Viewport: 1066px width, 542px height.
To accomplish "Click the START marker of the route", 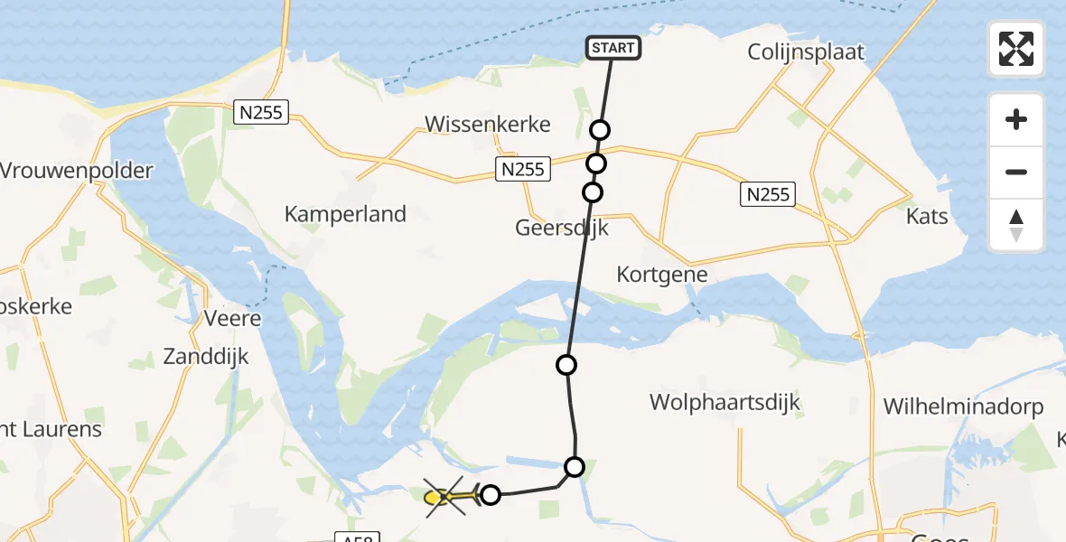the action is point(613,48).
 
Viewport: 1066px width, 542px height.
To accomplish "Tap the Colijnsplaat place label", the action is point(806,52).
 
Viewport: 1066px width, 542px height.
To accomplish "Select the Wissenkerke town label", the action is point(488,125).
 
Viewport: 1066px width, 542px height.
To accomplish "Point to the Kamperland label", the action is point(345,214).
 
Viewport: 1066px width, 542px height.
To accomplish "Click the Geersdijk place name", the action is point(562,228).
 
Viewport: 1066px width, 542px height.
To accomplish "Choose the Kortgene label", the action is point(661,275).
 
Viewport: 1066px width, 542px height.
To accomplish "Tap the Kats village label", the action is point(927,217).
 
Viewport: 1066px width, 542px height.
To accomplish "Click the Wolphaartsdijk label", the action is point(725,402).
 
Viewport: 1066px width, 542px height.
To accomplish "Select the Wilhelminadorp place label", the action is point(963,407).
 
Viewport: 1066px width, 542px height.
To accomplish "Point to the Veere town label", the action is point(232,319).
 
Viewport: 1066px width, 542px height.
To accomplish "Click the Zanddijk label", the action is point(206,357).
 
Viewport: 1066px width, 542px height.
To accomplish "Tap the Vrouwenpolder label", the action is point(77,171).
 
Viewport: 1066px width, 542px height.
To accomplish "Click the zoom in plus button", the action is point(1016,119).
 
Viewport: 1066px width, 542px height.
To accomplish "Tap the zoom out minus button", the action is point(1016,172).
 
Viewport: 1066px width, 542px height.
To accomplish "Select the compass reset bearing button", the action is point(1016,225).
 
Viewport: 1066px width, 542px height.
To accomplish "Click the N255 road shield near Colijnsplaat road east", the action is point(767,193).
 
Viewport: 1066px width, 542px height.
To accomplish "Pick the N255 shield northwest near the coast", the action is point(260,112).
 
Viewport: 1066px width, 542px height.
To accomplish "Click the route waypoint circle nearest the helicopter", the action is point(490,494).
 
